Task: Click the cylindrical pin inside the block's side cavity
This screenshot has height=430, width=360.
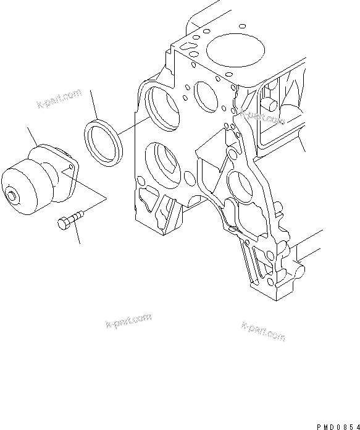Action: coord(270,102)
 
